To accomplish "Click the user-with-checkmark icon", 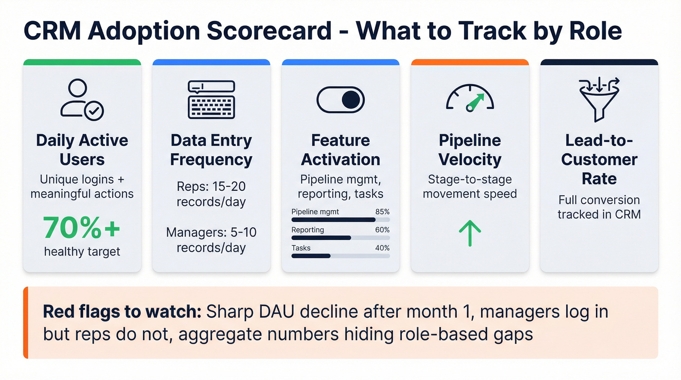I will coord(82,99).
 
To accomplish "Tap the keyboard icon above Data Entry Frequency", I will coord(211,100).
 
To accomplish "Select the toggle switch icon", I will coord(340,100).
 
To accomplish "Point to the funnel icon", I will coord(599,99).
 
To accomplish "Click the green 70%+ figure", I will coord(82,227).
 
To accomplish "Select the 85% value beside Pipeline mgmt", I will coord(382,212).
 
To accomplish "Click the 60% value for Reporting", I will coord(382,230).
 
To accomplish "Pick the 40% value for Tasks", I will coord(382,248).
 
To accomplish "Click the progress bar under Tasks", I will coord(340,256).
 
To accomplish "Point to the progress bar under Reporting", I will coord(340,238).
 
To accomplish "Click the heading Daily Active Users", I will coord(82,150).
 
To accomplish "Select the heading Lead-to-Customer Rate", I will coord(599,160).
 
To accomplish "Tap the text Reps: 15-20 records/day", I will coord(211,194).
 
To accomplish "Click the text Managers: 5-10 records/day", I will coord(211,240).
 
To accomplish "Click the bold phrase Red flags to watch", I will coord(122,311).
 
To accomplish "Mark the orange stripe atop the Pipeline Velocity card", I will coord(469,62).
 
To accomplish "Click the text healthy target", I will coord(82,252).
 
